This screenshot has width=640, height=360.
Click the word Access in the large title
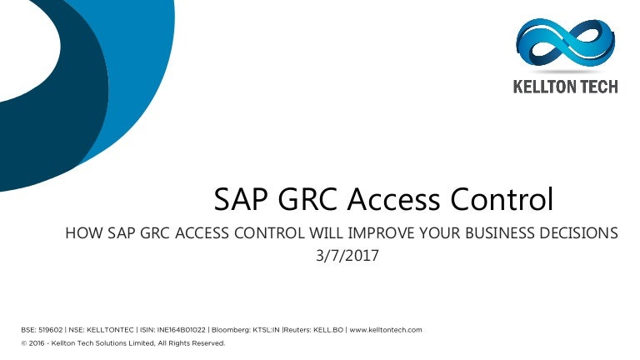coord(393,199)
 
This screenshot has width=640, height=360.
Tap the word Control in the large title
coord(502,199)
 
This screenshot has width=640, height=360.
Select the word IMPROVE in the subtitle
coord(381,233)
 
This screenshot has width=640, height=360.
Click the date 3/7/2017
coord(347,256)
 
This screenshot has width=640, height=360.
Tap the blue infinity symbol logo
coord(566,42)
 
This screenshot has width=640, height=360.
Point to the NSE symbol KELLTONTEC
coord(110,330)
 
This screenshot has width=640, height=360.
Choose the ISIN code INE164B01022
coord(181,330)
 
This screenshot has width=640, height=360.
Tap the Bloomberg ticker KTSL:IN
coord(266,330)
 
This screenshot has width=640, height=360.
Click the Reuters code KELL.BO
coord(328,330)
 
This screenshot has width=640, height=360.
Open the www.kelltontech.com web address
coord(386,330)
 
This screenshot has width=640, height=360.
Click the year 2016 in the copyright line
coord(37,343)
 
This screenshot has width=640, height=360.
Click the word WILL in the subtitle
coord(326,233)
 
